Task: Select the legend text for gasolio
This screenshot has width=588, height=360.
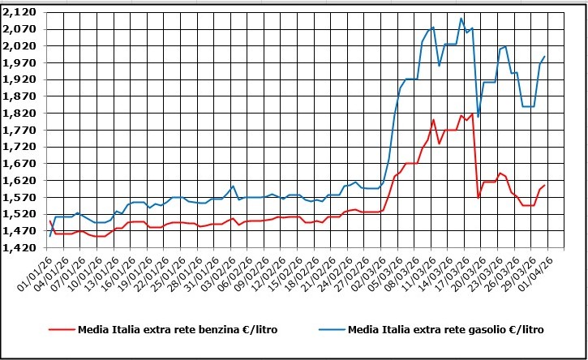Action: [445, 330]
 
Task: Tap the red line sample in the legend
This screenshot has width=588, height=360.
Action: [61, 330]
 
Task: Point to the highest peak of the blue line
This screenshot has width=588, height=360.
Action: [461, 19]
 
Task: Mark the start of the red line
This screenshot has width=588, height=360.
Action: [49, 221]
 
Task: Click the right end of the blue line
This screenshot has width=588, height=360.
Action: [544, 57]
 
